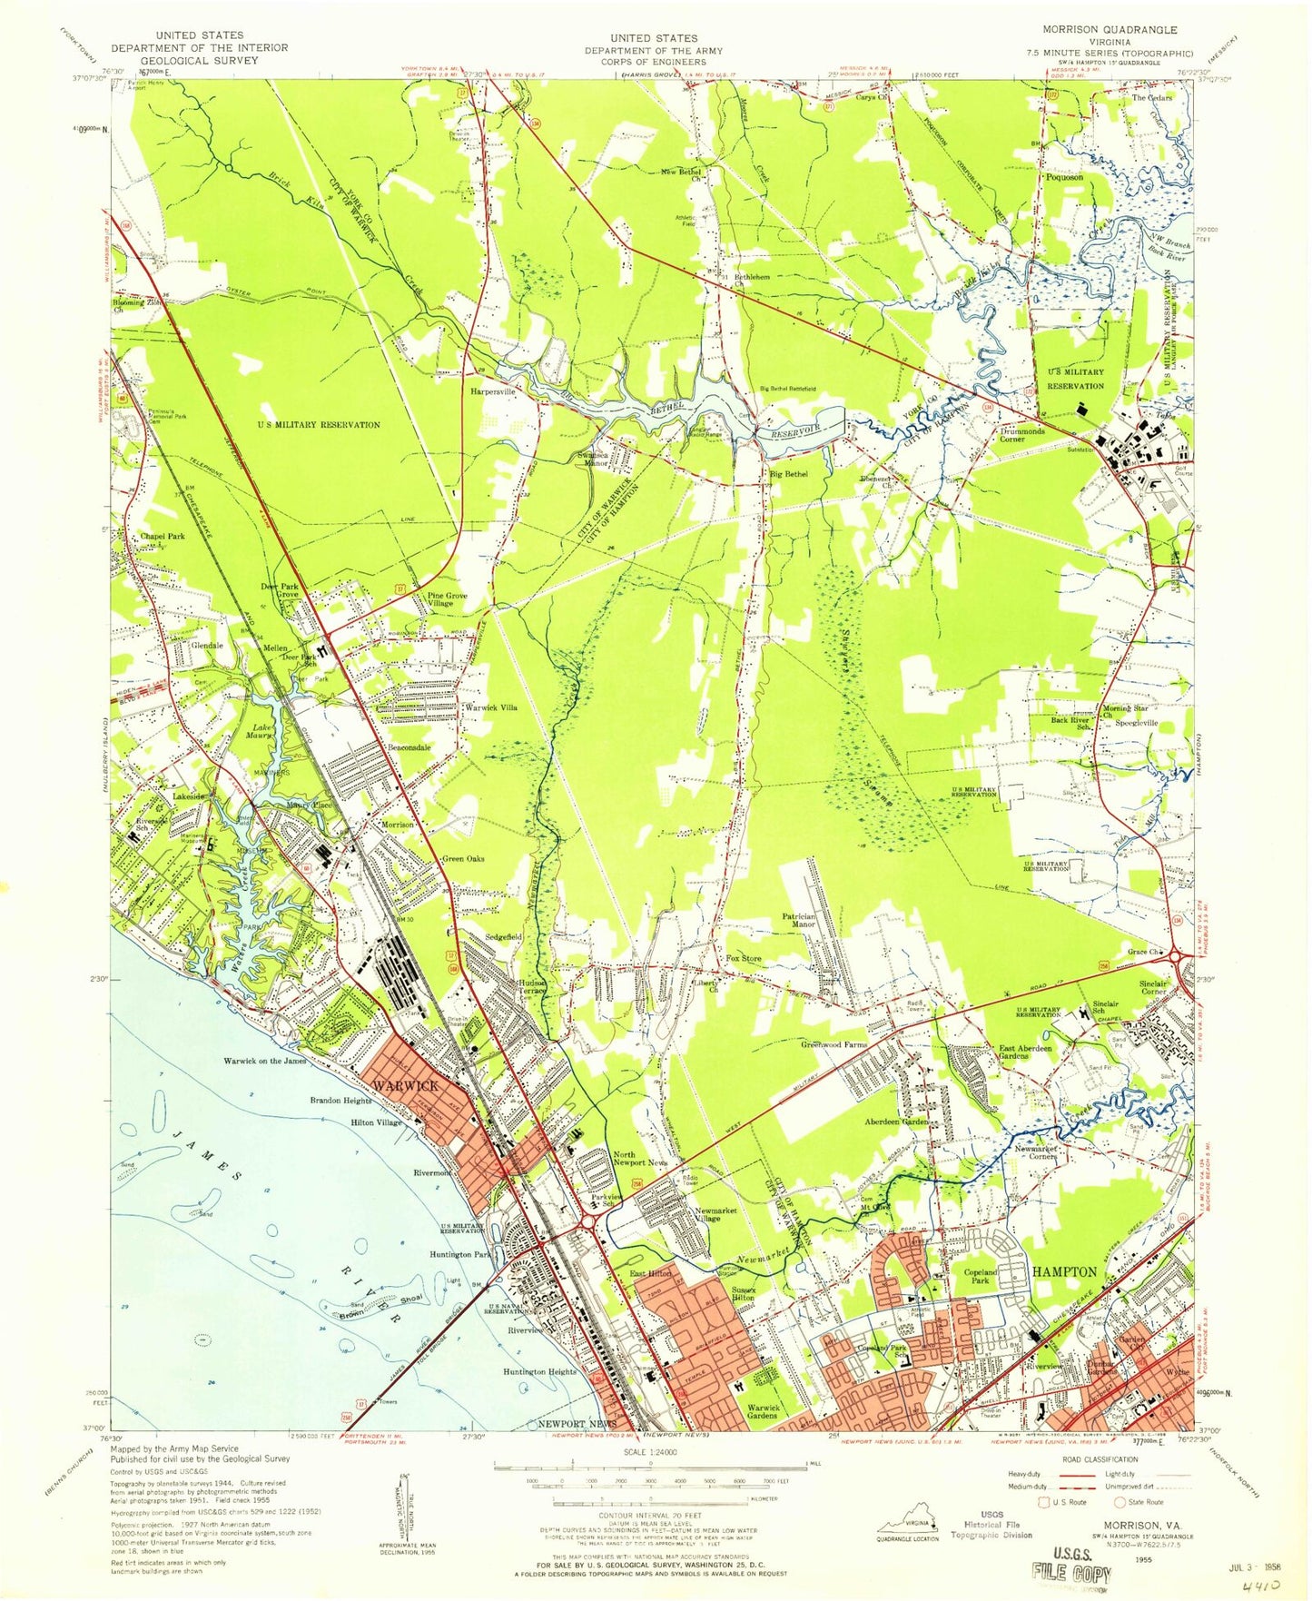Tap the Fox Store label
743,959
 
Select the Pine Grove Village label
448,599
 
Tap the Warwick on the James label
265,1061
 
